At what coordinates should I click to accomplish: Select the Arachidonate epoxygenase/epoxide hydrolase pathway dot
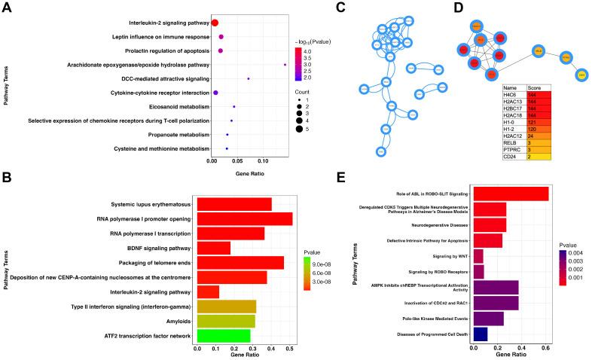coord(285,65)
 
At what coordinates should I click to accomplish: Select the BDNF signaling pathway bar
coord(213,248)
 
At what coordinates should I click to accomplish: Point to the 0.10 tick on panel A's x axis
coord(264,160)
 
